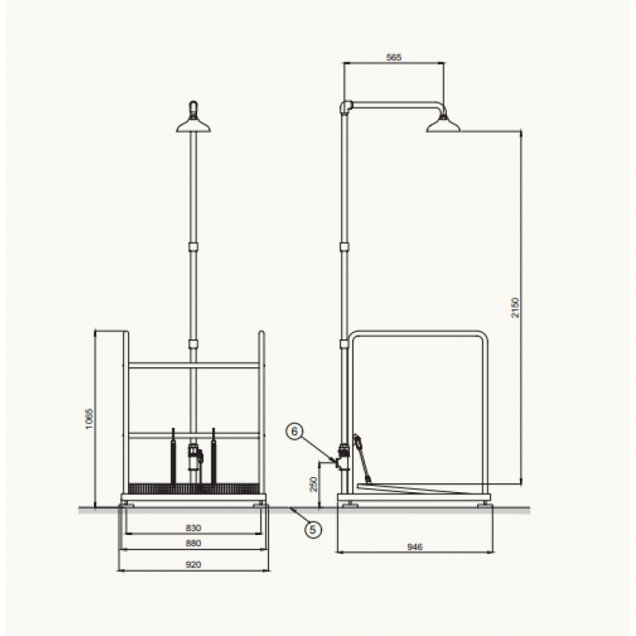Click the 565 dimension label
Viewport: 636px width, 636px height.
(x=394, y=57)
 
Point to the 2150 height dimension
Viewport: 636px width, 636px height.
(x=514, y=308)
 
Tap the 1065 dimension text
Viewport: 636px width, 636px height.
(x=89, y=419)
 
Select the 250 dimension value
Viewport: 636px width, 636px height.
(x=313, y=484)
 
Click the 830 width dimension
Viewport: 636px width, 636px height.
(x=193, y=528)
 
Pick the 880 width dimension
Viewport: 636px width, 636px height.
(x=193, y=543)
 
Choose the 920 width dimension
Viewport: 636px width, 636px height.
(x=193, y=564)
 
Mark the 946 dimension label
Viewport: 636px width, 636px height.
(x=414, y=547)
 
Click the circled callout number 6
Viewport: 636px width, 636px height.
(x=295, y=431)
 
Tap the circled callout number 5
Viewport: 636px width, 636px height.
(x=312, y=529)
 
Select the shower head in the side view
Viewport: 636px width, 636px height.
(x=444, y=125)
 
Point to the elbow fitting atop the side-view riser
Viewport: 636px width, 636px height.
(x=346, y=107)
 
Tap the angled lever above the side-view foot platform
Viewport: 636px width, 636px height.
(x=362, y=459)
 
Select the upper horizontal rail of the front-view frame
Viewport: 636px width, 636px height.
(x=193, y=366)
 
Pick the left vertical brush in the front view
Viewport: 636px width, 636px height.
(x=173, y=456)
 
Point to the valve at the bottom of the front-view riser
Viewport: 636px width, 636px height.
(x=195, y=456)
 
